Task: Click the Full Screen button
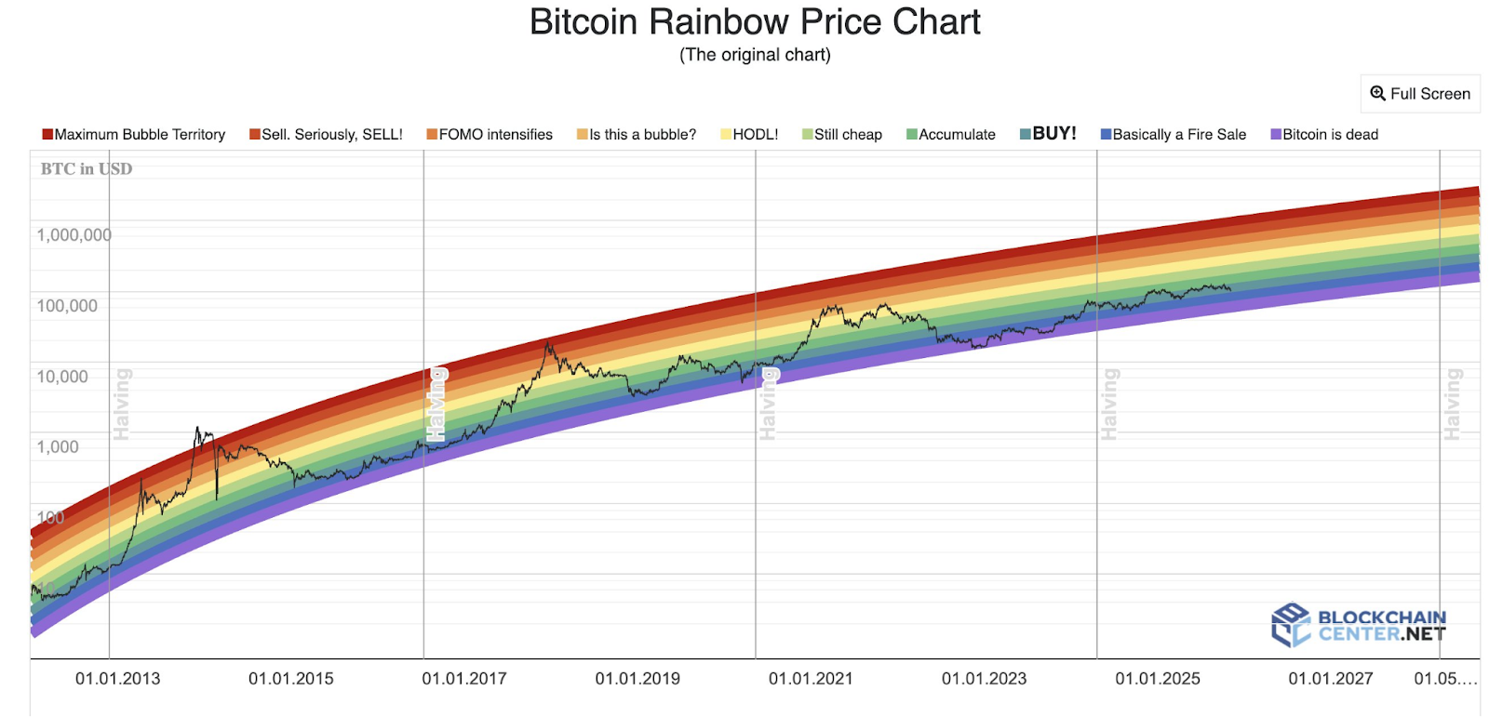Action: (1420, 94)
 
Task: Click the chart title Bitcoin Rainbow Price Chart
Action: (755, 22)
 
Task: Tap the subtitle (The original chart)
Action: (755, 55)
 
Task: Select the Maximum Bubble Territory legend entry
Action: (134, 135)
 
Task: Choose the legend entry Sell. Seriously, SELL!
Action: (327, 135)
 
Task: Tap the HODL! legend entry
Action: (750, 135)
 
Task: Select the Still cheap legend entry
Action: (842, 135)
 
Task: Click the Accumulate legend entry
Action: (951, 135)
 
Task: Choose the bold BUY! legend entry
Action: (1049, 134)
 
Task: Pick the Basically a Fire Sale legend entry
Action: (1174, 135)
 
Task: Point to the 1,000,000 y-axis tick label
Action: (74, 235)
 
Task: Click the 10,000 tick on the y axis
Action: (62, 377)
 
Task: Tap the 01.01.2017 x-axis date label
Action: (464, 679)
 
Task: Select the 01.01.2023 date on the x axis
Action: (984, 679)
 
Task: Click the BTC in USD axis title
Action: (87, 169)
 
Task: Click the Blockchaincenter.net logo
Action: (1359, 625)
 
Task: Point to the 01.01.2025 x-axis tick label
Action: (1158, 679)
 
